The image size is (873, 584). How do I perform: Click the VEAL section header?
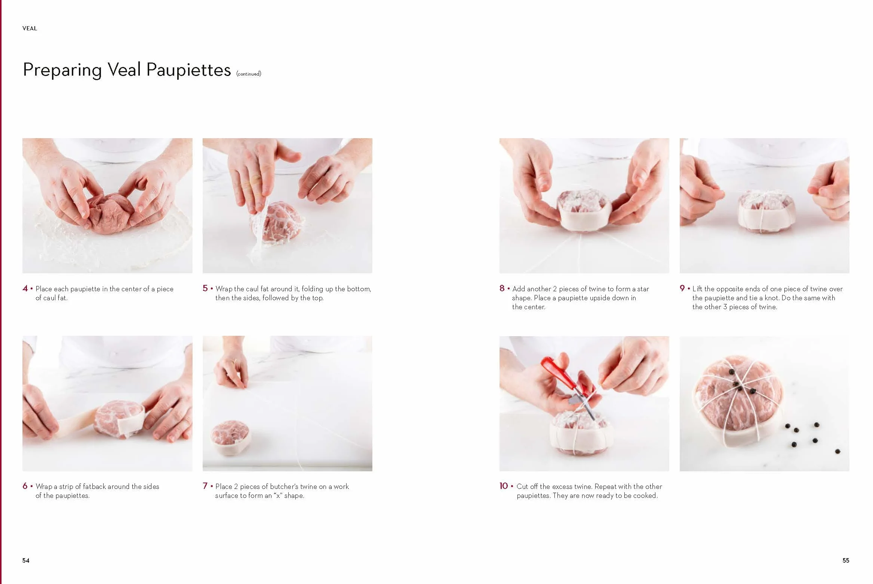(x=30, y=28)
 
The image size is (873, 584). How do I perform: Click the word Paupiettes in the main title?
(x=189, y=70)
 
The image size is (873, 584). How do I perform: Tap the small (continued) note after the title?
(x=249, y=74)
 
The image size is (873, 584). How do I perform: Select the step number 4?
(x=25, y=288)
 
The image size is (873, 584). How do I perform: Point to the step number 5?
(x=205, y=288)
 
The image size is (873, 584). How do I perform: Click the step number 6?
(x=25, y=486)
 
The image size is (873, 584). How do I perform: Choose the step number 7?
(x=205, y=486)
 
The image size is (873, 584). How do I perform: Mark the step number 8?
(x=502, y=288)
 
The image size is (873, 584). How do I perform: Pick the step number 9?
(x=682, y=288)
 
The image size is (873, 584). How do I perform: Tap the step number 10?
(x=504, y=486)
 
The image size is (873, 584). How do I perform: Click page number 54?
(x=26, y=560)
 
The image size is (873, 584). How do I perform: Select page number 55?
(x=846, y=560)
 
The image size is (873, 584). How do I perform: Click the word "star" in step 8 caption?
(x=643, y=289)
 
